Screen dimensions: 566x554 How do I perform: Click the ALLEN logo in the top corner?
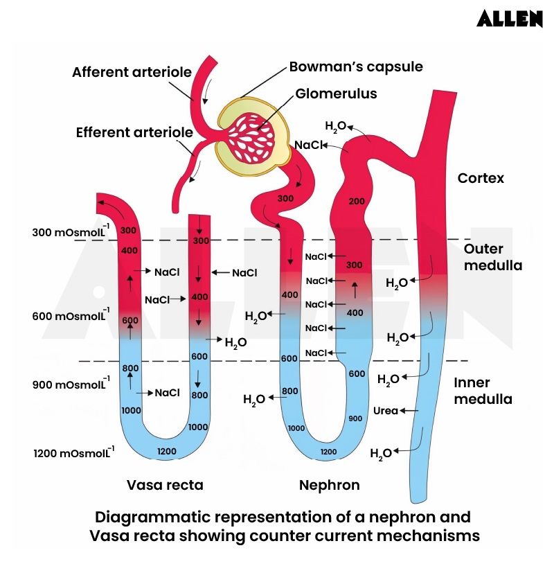coord(509,19)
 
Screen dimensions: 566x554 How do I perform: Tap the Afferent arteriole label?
coord(129,72)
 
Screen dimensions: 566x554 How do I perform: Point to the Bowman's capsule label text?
coord(355,67)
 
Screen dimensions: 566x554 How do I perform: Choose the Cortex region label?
coord(481,178)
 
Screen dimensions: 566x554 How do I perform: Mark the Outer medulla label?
coord(492,257)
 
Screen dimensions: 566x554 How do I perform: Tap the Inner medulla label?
coord(483,391)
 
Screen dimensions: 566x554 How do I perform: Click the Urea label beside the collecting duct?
coord(386,411)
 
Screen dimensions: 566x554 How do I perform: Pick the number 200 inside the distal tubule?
coord(356,201)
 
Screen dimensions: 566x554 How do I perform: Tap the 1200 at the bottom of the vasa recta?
coord(166,452)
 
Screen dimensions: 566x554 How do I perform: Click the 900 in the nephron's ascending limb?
coord(355,418)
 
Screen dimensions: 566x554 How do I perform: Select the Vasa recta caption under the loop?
coord(165,485)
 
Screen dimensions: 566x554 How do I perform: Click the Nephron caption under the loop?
coord(329,485)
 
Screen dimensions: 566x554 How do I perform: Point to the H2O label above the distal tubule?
coord(335,126)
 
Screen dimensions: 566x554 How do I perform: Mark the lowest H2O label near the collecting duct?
coord(381,454)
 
